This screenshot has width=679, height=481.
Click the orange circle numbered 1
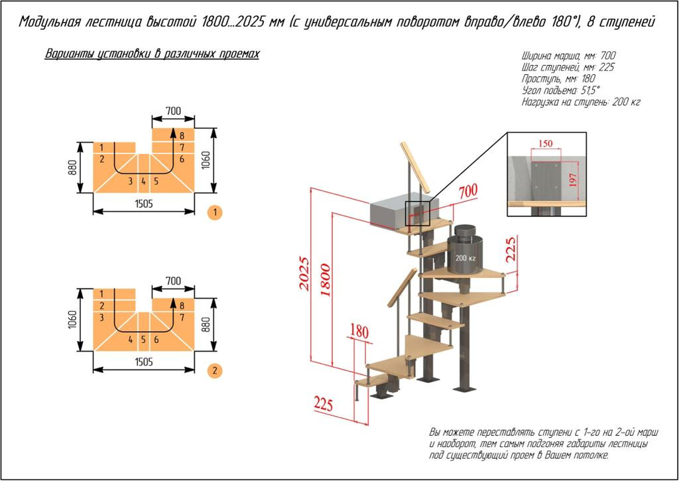point(214,213)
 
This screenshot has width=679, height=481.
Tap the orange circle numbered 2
point(214,370)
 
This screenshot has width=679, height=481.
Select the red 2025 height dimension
point(303,273)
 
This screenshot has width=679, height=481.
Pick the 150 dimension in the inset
point(546,144)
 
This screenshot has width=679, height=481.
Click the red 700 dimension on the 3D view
point(467,191)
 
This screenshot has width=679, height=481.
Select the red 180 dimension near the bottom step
point(359,330)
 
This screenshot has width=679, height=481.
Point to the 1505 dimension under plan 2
point(143,362)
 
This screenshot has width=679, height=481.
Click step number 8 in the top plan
point(181,135)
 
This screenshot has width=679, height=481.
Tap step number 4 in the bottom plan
point(131,339)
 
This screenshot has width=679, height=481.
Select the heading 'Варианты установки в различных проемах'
point(152,54)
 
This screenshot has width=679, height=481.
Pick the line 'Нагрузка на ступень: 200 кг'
point(581,102)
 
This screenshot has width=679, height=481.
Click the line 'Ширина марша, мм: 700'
point(570,56)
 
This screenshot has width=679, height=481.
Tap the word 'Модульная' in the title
point(50,22)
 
